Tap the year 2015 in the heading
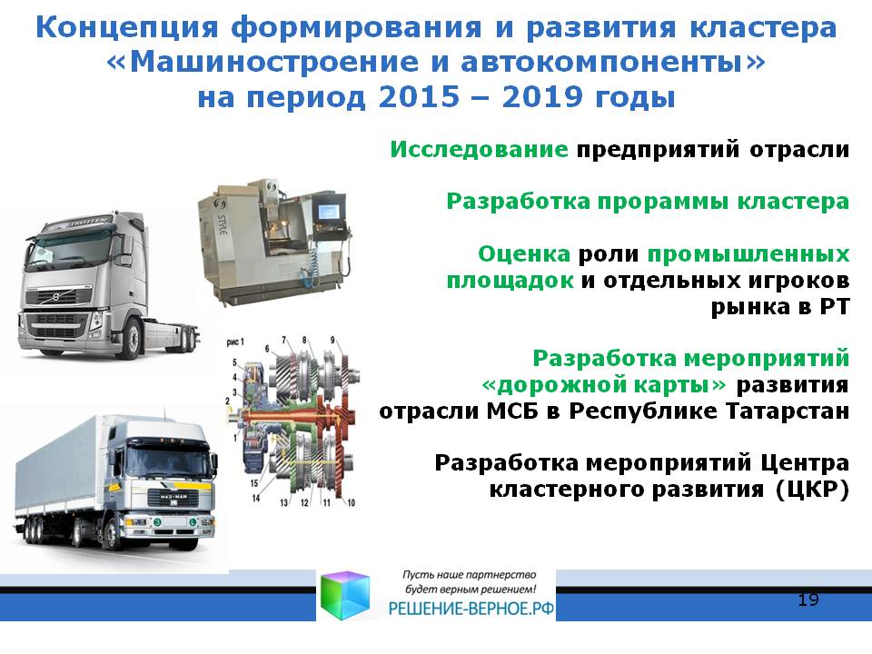420,97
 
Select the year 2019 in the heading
543,97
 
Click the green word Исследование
479,150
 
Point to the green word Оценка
524,254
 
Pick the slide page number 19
808,599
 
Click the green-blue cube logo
345,594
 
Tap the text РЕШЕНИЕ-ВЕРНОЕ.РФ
471,609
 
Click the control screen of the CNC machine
329,213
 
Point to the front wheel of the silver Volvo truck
134,338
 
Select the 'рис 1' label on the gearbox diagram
234,342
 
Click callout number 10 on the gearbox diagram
351,502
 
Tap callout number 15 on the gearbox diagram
254,483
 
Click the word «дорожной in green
604,385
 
